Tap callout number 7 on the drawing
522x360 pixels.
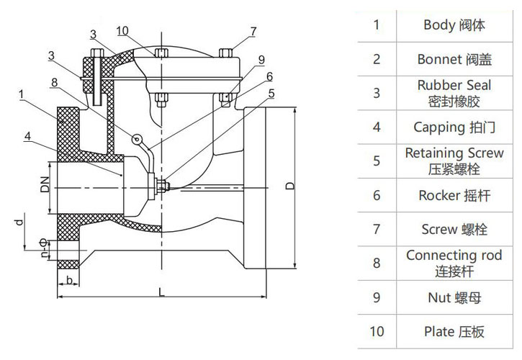[x=253, y=31]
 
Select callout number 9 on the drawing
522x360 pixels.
[x=261, y=59]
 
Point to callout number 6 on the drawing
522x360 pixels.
[x=269, y=76]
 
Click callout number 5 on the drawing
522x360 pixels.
[x=271, y=92]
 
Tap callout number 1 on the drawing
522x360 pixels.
[x=22, y=94]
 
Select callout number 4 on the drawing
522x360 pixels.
[x=27, y=135]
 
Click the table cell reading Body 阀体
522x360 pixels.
[x=454, y=25]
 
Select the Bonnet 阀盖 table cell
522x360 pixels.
[x=454, y=59]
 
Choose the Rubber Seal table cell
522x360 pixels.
[x=454, y=93]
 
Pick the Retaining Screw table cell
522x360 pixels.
[x=454, y=161]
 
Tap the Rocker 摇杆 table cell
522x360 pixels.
[x=454, y=195]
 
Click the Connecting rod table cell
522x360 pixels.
[x=454, y=263]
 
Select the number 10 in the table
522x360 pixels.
[x=377, y=331]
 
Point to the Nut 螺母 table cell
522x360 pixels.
[x=454, y=297]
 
